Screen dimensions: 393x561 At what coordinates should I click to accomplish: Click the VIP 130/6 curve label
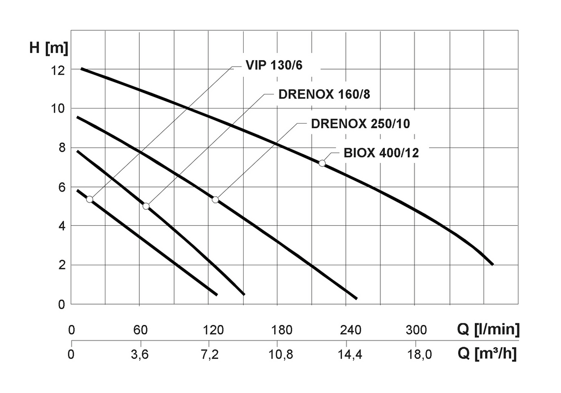[277, 66]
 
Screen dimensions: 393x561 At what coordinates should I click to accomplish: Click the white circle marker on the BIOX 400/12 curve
[322, 163]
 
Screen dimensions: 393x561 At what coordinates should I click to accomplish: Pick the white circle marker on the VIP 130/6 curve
[90, 199]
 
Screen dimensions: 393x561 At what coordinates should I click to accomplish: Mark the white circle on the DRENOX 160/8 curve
[146, 206]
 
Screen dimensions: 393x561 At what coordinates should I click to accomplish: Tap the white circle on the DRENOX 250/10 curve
[216, 200]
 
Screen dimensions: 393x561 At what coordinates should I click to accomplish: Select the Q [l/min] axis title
[488, 330]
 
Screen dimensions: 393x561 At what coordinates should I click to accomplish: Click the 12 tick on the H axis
[58, 70]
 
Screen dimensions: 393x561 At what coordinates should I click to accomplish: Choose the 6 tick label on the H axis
[61, 187]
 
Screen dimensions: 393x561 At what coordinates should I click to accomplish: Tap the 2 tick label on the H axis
[61, 265]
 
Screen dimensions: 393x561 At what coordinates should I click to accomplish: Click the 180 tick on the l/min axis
[282, 330]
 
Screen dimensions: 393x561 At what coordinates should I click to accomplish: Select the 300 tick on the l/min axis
[416, 330]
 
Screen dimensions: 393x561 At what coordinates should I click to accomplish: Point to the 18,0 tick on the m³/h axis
[419, 355]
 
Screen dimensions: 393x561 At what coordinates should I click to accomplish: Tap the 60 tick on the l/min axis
[141, 330]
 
